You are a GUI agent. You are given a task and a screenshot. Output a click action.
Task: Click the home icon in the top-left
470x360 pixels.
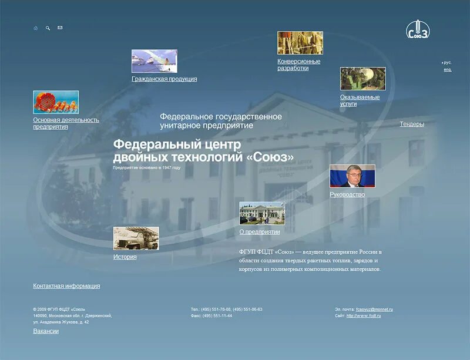(36, 28)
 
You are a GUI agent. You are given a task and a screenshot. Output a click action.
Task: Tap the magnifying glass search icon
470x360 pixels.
(48, 28)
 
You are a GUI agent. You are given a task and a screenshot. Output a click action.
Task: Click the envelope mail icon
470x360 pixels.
(60, 28)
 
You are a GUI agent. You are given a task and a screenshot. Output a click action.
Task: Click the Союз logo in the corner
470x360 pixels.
(418, 30)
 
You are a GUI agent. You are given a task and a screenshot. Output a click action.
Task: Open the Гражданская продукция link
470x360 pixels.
(164, 79)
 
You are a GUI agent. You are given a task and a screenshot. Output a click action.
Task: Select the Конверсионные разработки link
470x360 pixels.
(299, 65)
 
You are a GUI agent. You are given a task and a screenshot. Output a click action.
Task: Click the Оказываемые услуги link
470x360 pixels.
(360, 100)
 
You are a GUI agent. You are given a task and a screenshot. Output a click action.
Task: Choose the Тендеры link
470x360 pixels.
(412, 124)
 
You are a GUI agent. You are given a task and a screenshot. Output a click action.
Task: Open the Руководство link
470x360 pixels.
(347, 194)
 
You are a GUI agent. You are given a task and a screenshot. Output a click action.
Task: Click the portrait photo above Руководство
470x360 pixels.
(352, 176)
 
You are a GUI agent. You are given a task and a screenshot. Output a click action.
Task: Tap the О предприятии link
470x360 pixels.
(260, 231)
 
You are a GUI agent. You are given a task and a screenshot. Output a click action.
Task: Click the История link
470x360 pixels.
(125, 257)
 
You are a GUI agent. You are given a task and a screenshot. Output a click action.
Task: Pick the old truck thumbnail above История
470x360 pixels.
(136, 238)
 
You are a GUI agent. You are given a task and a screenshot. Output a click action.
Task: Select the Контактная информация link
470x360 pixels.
(66, 286)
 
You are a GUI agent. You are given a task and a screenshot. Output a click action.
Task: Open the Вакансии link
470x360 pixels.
(46, 331)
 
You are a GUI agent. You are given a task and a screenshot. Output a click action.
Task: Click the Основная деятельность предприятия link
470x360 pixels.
(66, 123)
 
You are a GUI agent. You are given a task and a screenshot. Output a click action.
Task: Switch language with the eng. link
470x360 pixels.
(448, 70)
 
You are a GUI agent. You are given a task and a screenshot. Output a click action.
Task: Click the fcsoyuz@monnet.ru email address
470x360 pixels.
(374, 309)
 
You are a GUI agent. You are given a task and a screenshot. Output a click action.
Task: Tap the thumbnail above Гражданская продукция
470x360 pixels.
(155, 61)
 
